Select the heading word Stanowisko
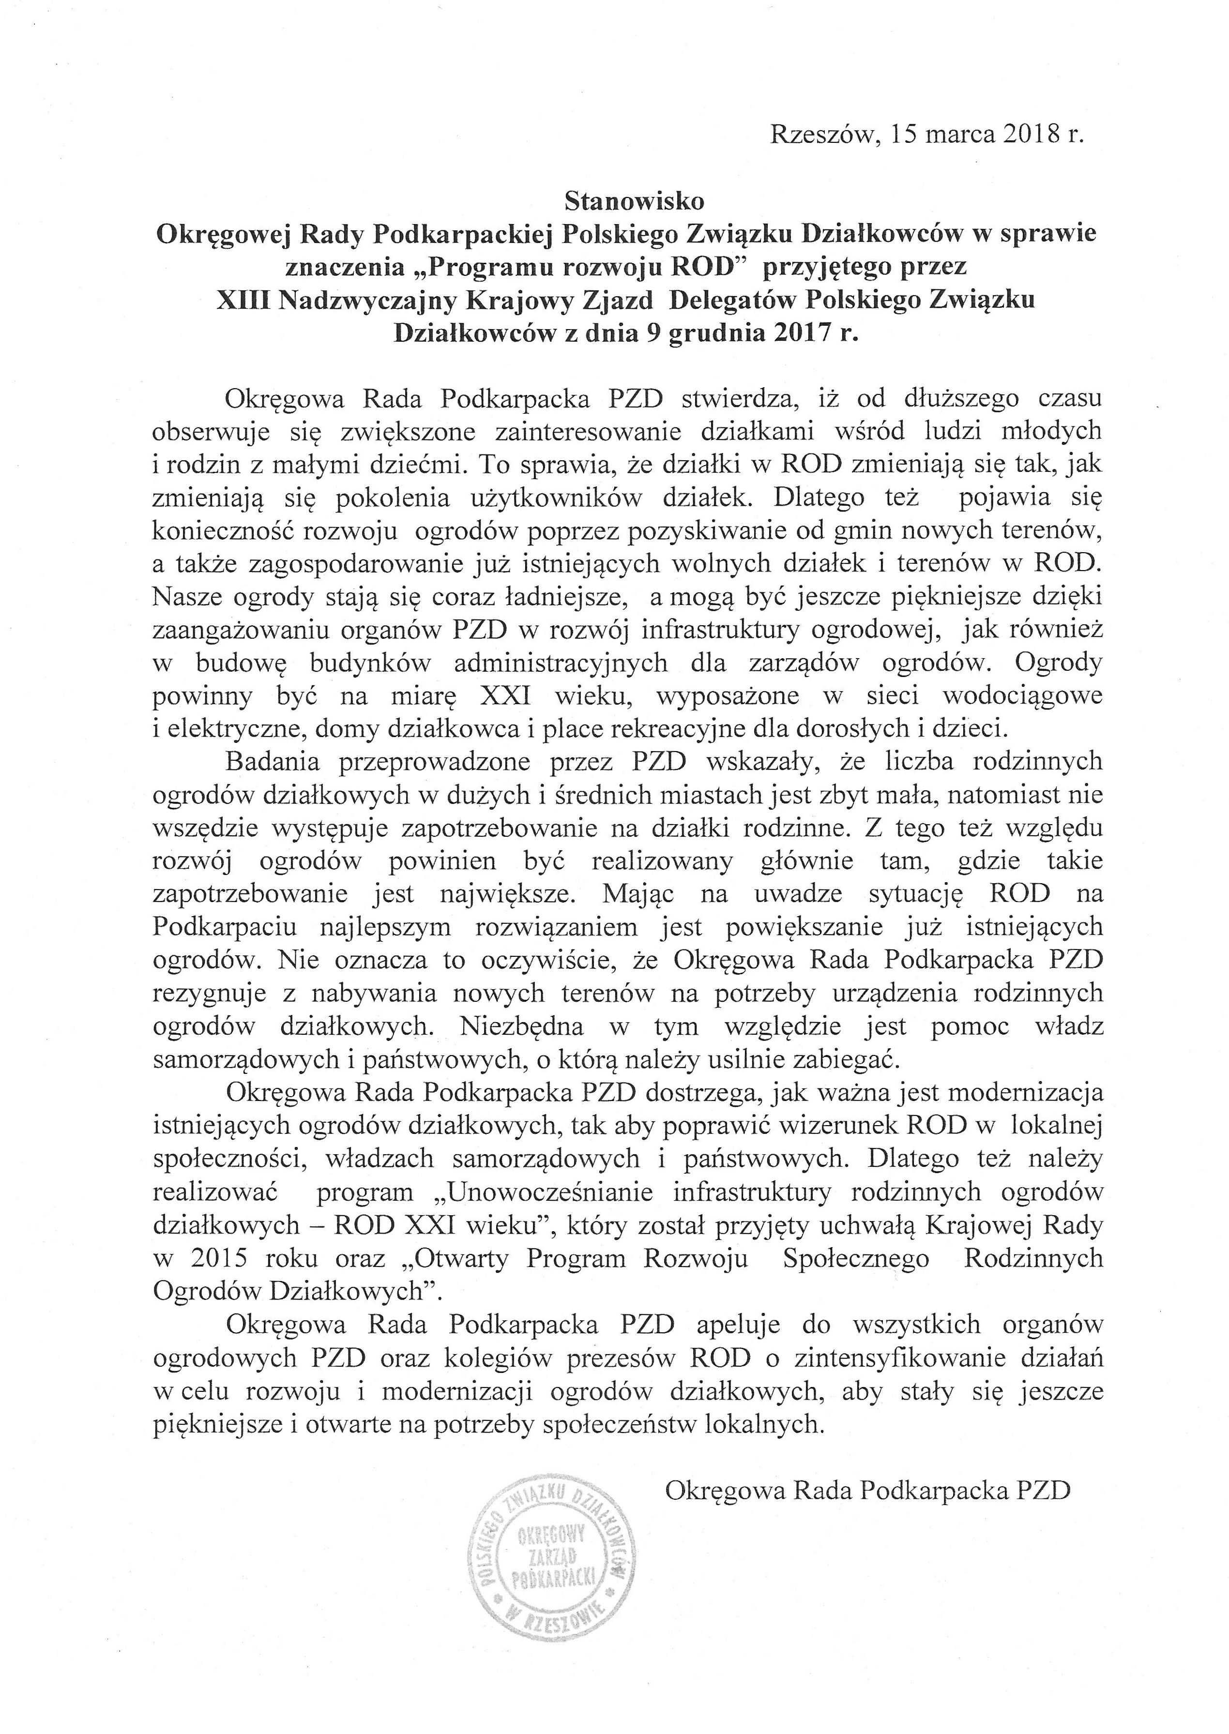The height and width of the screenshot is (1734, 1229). (634, 202)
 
